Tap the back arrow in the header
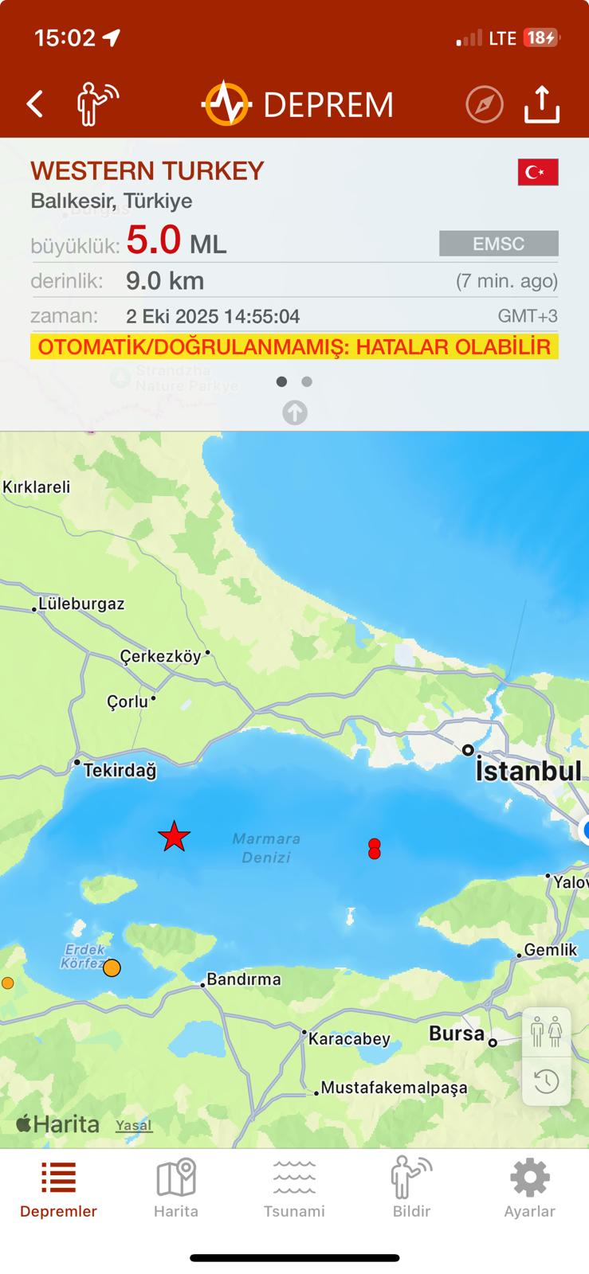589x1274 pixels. pos(34,104)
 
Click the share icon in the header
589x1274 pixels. pos(542,104)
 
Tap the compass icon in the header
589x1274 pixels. pos(485,104)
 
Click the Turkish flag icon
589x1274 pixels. pos(538,172)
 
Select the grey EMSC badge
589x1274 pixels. pos(498,244)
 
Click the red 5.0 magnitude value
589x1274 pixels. pos(154,240)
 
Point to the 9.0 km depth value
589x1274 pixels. pos(165,281)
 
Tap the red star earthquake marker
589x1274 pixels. pos(174,837)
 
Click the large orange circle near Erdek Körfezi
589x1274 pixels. pos(112,967)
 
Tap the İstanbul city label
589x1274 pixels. pos(528,771)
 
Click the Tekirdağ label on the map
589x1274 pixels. pos(120,770)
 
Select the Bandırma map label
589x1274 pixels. pos(243,979)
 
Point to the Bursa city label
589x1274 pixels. pos(457,1034)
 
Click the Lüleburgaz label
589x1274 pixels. pos(81,604)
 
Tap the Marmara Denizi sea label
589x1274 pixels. pos(266,848)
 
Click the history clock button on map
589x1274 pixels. pos(546,1081)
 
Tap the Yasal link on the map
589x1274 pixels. pos(134,1125)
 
